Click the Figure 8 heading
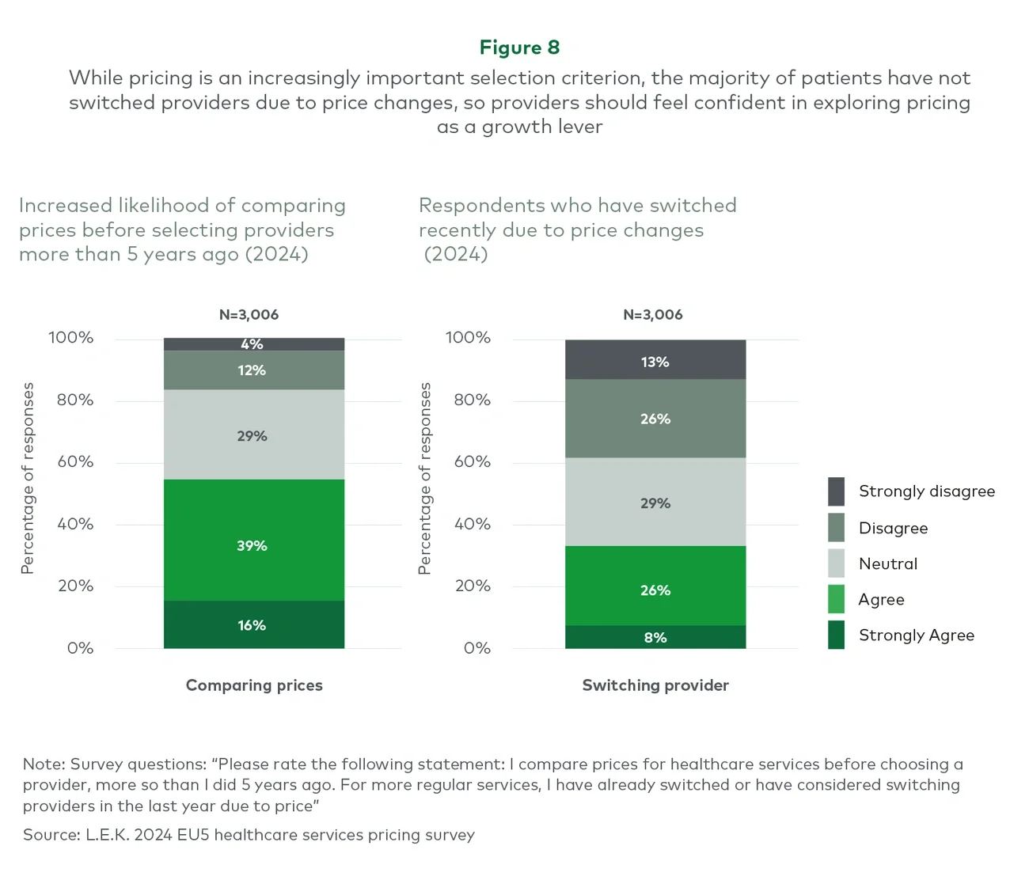click(519, 47)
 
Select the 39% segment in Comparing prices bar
click(253, 540)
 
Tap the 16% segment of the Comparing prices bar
click(253, 624)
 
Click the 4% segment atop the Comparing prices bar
click(253, 344)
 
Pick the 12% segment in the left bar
click(253, 370)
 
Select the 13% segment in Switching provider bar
click(655, 361)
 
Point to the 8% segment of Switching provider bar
click(655, 637)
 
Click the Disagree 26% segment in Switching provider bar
click(655, 419)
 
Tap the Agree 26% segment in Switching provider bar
click(655, 586)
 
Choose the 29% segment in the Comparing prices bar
click(253, 435)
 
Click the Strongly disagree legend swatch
click(836, 491)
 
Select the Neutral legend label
click(888, 563)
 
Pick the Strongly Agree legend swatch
click(836, 635)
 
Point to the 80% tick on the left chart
click(75, 400)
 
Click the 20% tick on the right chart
click(473, 586)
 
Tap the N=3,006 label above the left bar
click(249, 314)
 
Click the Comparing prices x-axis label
click(254, 685)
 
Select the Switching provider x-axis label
click(655, 685)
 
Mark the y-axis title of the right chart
click(425, 478)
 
